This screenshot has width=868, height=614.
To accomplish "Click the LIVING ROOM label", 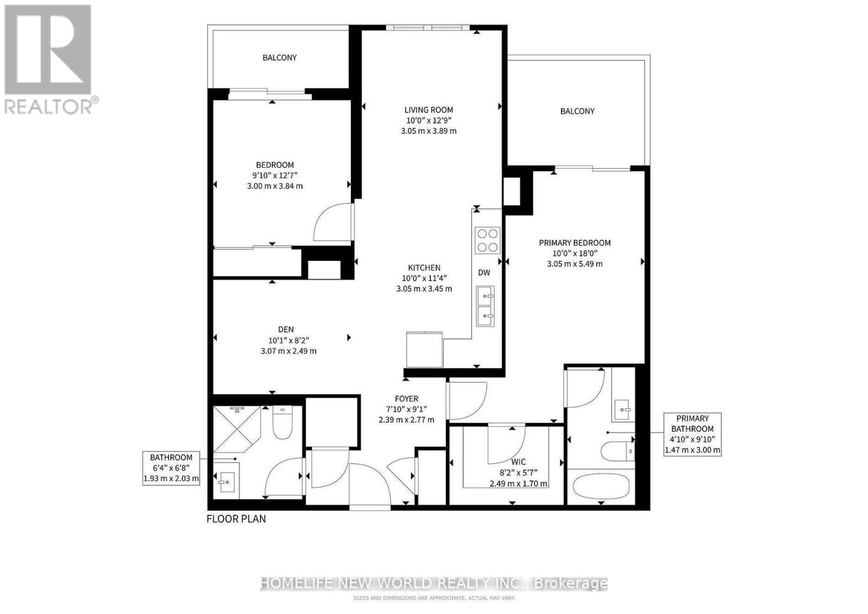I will pos(428,110).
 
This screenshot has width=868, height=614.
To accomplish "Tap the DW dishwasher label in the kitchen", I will pos(484,273).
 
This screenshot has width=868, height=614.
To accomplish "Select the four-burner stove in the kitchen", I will pos(487,240).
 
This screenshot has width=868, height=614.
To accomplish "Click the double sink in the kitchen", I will pos(485,306).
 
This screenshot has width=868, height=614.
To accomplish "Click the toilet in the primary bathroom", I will pos(617,451).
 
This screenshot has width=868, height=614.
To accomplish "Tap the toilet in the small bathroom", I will pos(282,423).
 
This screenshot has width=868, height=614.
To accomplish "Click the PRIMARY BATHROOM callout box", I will pos(692,434).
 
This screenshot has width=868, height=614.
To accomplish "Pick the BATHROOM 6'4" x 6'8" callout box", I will pos(171,468).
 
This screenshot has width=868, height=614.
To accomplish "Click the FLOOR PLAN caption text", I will pos(236,519).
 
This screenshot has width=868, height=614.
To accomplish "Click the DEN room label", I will pos(286,329).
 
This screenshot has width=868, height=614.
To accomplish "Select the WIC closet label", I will pos(518,462).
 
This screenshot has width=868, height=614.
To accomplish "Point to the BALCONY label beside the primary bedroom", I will pos(577,111).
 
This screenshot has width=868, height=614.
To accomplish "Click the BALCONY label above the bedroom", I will pos(279,57).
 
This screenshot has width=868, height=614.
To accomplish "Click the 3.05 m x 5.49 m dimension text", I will pos(575,264).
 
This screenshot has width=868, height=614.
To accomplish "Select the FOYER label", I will pos(406,399).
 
